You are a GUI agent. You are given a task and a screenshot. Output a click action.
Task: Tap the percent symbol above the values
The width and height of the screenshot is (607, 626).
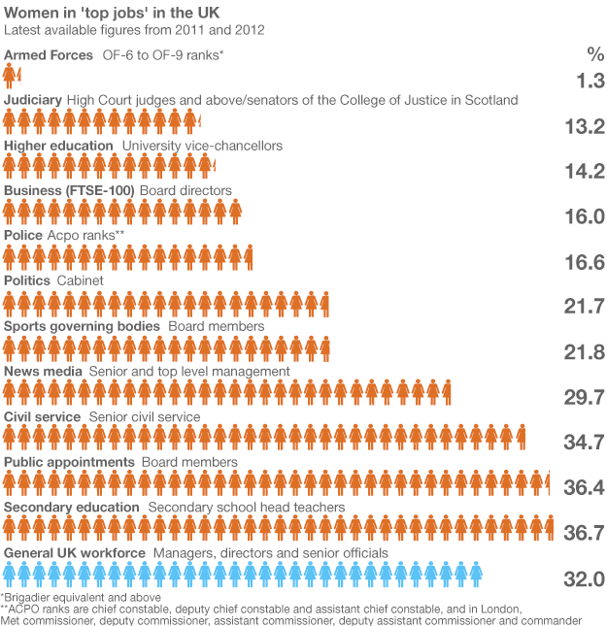[x=594, y=54]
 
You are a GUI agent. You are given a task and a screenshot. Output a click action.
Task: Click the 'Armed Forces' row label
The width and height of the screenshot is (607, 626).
[x=49, y=55]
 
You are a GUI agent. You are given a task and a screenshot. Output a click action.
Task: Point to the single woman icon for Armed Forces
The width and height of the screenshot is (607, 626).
[x=11, y=75]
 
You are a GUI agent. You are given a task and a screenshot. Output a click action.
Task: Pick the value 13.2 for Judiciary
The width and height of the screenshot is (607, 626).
[x=585, y=126]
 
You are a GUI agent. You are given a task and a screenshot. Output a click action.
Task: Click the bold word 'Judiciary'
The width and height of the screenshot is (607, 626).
[x=34, y=100]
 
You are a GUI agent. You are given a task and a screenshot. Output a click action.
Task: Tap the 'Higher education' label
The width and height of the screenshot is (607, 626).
[x=58, y=146]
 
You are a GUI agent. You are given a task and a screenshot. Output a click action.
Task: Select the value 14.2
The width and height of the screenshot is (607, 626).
[x=585, y=172]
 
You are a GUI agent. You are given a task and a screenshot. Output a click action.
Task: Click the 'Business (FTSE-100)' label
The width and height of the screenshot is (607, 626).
[x=69, y=190]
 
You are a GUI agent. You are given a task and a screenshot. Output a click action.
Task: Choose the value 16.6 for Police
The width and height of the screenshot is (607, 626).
[x=585, y=261]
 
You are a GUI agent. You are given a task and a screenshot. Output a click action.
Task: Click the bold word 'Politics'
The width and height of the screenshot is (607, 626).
[x=27, y=280]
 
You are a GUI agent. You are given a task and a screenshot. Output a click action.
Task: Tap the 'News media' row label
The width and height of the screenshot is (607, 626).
[x=43, y=371]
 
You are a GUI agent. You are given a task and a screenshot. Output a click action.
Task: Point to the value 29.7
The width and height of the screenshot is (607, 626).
[x=585, y=396]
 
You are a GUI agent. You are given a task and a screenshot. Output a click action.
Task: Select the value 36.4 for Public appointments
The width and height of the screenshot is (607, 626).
[x=585, y=487]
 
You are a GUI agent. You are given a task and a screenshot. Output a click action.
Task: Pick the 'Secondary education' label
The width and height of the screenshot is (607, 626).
[x=72, y=507]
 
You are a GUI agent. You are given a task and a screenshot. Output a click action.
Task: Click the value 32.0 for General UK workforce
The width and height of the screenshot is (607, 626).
[x=585, y=578]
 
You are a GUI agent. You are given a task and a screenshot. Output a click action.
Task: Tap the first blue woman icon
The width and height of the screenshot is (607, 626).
[x=11, y=576]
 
